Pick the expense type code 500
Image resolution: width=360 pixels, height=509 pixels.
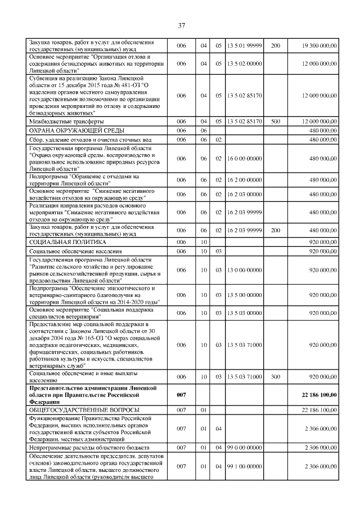tap(275, 121)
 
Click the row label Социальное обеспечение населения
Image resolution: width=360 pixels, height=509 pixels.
tap(76, 250)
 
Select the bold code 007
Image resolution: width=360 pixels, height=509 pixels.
tap(181, 395)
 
